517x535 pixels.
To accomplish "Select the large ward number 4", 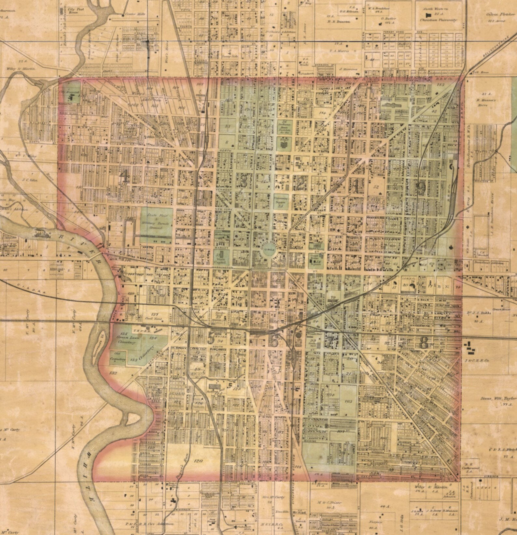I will tap(124, 177).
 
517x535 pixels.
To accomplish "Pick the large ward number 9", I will tap(422, 187).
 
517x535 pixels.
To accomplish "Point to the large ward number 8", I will tap(424, 342).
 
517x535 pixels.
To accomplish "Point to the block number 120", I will tap(198, 461).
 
